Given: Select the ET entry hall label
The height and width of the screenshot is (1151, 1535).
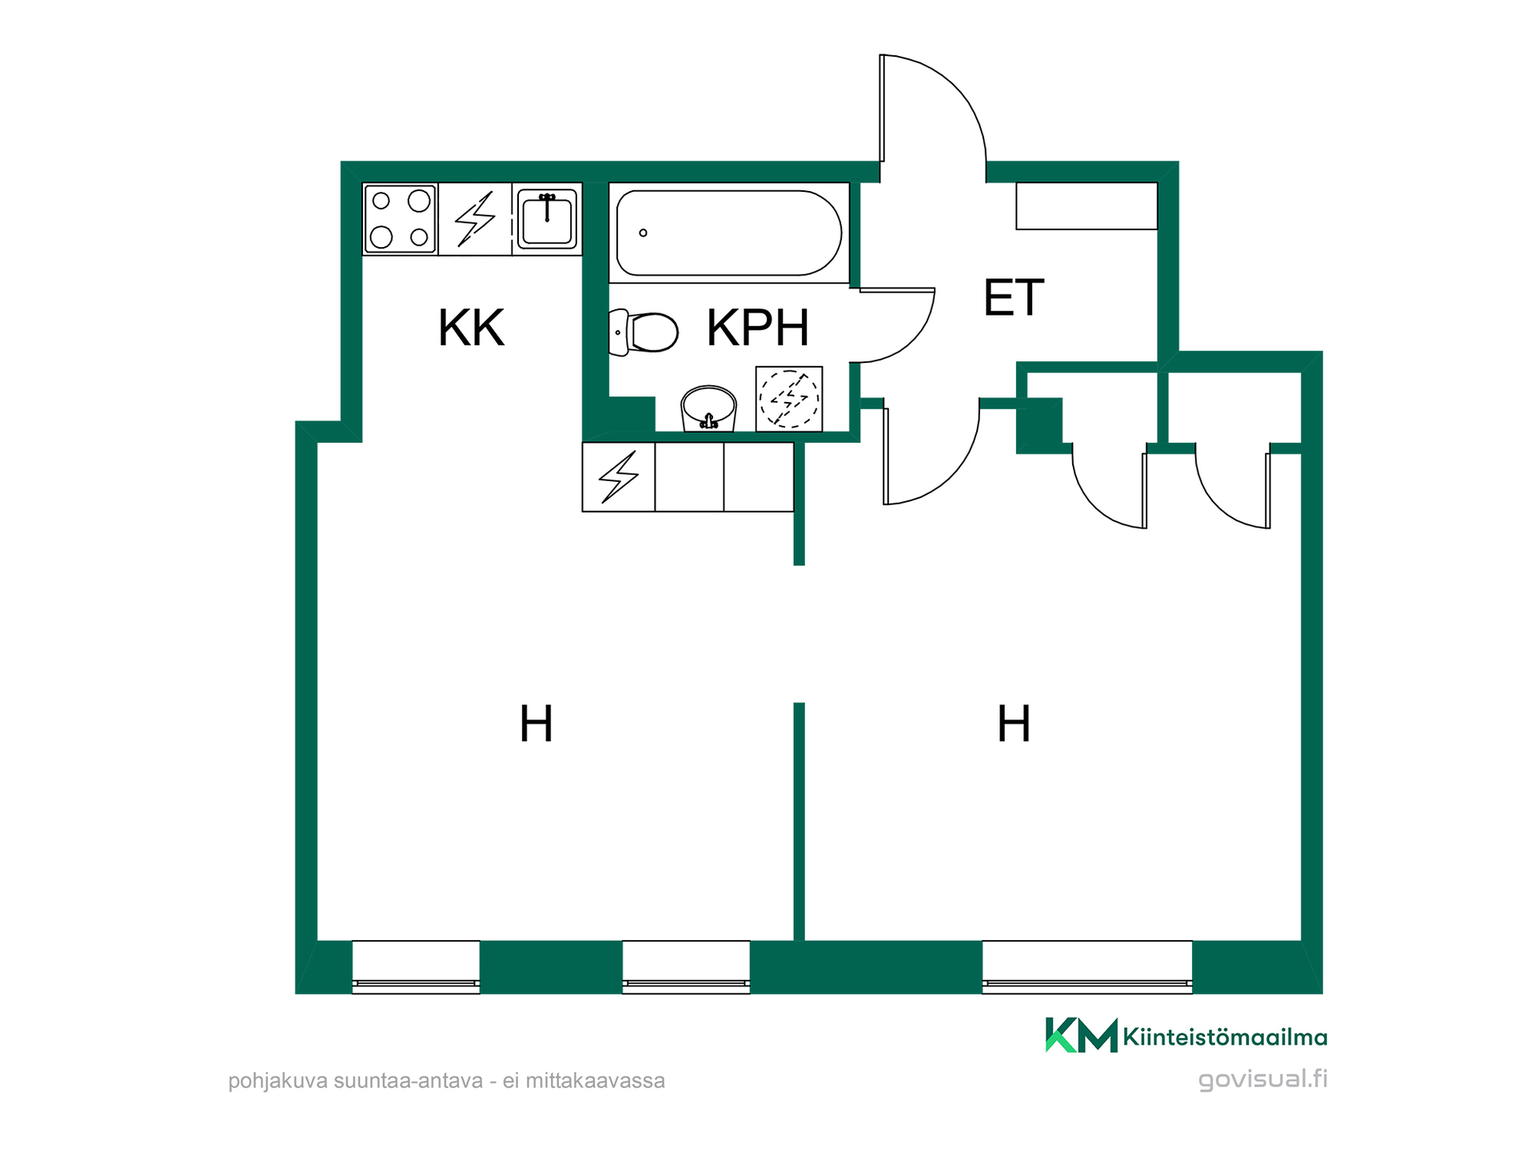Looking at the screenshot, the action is click(x=1014, y=297).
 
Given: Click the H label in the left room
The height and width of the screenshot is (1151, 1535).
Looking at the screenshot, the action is click(x=536, y=723).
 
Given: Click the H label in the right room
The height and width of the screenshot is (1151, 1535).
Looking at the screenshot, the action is click(x=1014, y=723).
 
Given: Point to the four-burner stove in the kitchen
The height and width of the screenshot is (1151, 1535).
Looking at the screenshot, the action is click(x=400, y=219).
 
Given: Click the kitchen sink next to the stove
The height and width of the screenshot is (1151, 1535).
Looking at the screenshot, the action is click(x=547, y=218).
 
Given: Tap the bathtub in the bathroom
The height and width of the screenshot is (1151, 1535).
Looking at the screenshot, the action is click(x=728, y=233).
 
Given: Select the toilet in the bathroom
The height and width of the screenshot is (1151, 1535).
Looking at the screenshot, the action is click(x=644, y=332).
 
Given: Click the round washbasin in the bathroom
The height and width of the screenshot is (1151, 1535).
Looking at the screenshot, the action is click(x=708, y=408).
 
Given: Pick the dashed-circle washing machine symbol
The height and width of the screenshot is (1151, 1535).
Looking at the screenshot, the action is click(x=789, y=399).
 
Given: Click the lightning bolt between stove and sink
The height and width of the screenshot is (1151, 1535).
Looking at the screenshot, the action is click(x=475, y=218).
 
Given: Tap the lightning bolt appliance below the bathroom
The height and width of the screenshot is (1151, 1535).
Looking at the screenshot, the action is click(x=619, y=477).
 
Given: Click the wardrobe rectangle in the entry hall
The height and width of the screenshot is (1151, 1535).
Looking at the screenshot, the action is click(x=1086, y=206).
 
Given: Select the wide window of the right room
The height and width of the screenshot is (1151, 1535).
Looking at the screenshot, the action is click(x=1087, y=967).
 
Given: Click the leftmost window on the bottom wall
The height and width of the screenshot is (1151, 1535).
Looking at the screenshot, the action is click(x=416, y=967).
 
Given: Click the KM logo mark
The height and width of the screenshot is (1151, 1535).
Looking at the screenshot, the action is click(x=1081, y=1035).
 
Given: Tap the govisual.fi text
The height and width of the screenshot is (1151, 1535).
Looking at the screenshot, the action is click(x=1262, y=1079).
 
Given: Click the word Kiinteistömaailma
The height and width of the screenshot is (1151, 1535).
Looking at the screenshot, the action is click(x=1225, y=1037).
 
